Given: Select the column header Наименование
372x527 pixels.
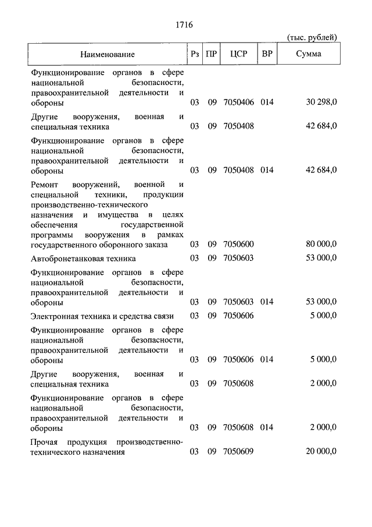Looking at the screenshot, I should pyautogui.click(x=108, y=54).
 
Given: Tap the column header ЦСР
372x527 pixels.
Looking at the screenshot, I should pyautogui.click(x=239, y=54).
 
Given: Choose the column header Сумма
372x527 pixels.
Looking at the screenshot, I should pyautogui.click(x=309, y=54).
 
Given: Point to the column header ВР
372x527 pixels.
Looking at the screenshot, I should pyautogui.click(x=267, y=54).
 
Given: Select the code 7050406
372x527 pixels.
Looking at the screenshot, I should pyautogui.click(x=238, y=103).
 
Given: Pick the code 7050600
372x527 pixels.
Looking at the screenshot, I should pyautogui.click(x=238, y=244).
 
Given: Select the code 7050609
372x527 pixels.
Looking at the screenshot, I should pyautogui.click(x=238, y=451).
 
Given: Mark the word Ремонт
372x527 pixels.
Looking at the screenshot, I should pyautogui.click(x=45, y=184).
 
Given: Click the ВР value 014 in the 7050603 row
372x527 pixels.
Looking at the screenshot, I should pyautogui.click(x=267, y=302).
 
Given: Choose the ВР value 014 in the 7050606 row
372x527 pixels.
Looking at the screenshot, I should pyautogui.click(x=267, y=359).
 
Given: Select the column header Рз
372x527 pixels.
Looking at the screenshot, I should pyautogui.click(x=195, y=54).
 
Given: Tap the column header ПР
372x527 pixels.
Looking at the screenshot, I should pyautogui.click(x=212, y=54).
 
